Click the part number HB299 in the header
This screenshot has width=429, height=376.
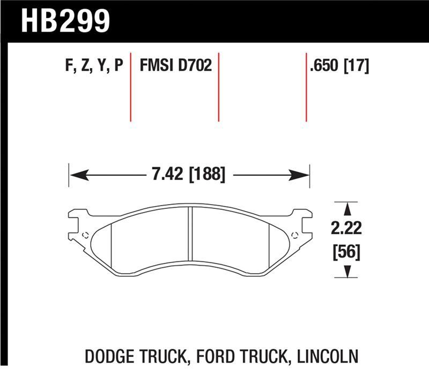click(65, 20)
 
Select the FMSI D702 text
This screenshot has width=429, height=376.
click(175, 66)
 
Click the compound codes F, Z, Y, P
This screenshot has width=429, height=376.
click(94, 66)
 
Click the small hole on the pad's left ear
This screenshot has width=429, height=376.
click(85, 234)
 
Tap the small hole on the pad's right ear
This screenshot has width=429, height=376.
click(294, 234)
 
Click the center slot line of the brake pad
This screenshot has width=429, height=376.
click(190, 236)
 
